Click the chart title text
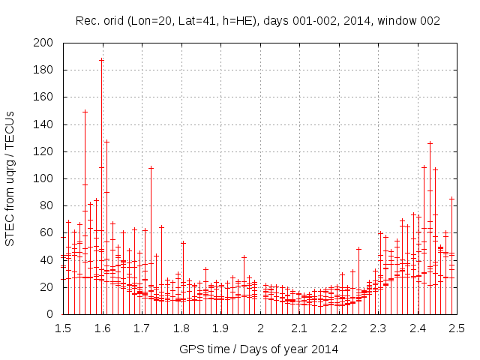pyautogui.click(x=258, y=21)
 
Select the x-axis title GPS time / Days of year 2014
pyautogui.click(x=258, y=349)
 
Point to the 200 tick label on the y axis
pyautogui.click(x=46, y=43)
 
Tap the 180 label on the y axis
pyautogui.click(x=46, y=70)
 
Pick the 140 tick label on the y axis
pyautogui.click(x=46, y=124)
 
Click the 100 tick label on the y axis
pyautogui.click(x=46, y=178)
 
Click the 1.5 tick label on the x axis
pyautogui.click(x=63, y=328)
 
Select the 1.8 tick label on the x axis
pyautogui.click(x=181, y=328)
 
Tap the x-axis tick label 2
pyautogui.click(x=260, y=328)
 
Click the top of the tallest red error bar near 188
pyautogui.click(x=101, y=59)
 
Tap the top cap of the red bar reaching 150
pyautogui.click(x=85, y=111)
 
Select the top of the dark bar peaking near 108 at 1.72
pyautogui.click(x=151, y=167)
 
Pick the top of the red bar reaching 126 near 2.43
pyautogui.click(x=430, y=142)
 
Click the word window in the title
pyautogui.click(x=396, y=21)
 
